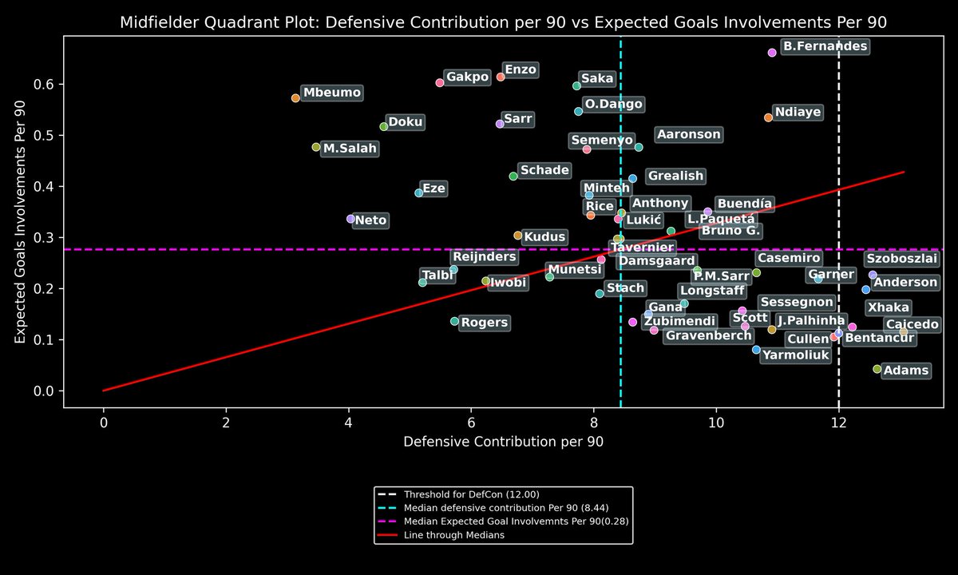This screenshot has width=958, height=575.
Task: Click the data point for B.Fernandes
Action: (x=772, y=53)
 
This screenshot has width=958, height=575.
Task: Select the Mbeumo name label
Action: (x=331, y=93)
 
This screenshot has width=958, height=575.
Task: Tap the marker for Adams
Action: (x=877, y=369)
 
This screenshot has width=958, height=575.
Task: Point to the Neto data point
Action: (x=350, y=219)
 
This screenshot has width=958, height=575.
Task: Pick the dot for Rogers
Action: (x=454, y=321)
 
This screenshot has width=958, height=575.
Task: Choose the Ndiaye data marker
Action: (x=768, y=117)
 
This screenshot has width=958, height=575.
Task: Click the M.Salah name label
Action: (x=350, y=149)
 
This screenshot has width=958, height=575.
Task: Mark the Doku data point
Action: (x=384, y=126)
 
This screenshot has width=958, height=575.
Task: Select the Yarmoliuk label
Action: (x=796, y=355)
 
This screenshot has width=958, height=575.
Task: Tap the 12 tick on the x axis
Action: (x=839, y=421)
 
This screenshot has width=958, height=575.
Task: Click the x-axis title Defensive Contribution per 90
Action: (x=503, y=442)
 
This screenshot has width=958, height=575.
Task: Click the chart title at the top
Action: (x=503, y=22)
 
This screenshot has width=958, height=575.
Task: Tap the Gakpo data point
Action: (x=440, y=82)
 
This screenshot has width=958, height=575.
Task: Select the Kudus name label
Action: (x=544, y=237)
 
